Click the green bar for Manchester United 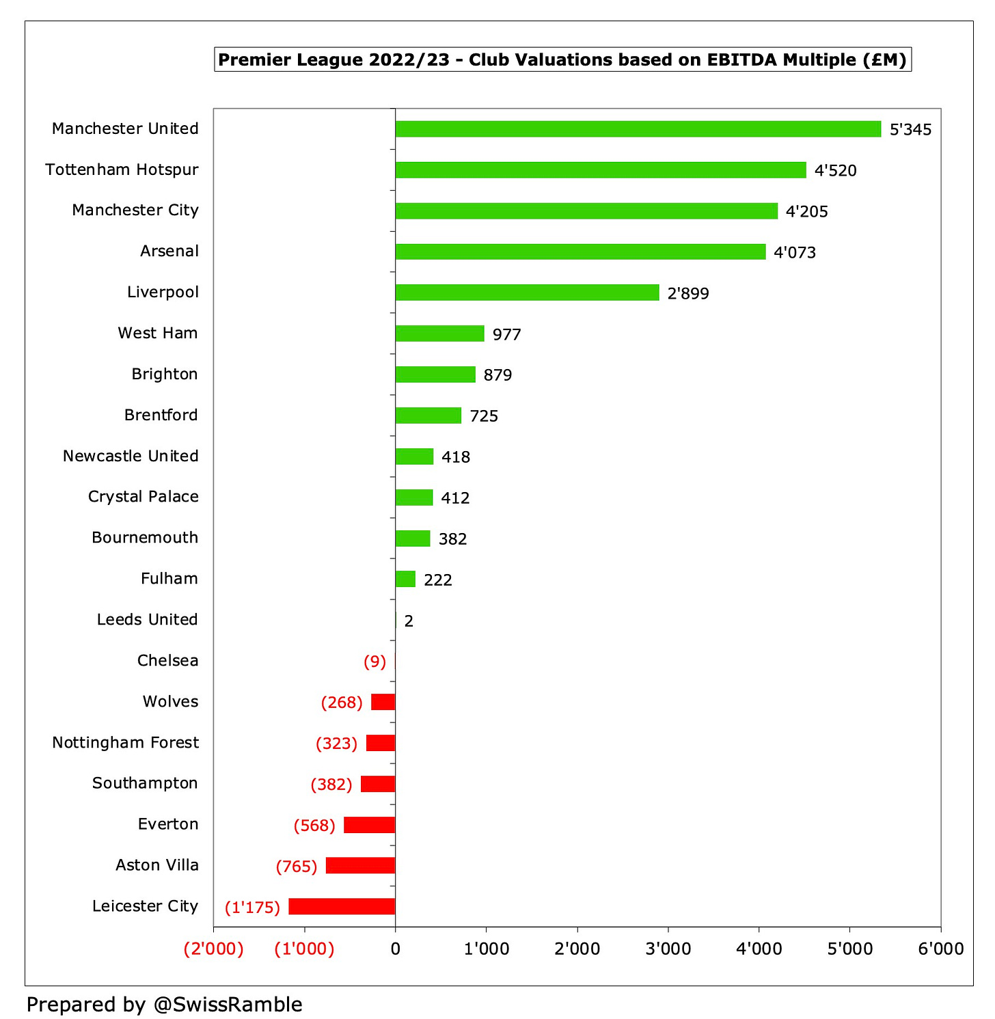click(638, 129)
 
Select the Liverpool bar click(527, 293)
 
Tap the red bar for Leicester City click(342, 906)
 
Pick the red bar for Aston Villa click(360, 865)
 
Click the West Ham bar click(439, 334)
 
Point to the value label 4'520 click(835, 171)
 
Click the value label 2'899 click(688, 294)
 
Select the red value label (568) click(314, 826)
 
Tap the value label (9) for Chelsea click(374, 662)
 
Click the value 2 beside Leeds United click(409, 621)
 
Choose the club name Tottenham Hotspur click(122, 169)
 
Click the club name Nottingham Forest click(125, 742)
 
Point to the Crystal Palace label click(143, 497)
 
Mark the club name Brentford click(161, 415)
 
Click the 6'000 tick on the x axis click(940, 949)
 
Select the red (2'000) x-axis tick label click(213, 949)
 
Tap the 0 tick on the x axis click(395, 949)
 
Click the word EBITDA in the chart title click(740, 60)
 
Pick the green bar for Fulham click(405, 579)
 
